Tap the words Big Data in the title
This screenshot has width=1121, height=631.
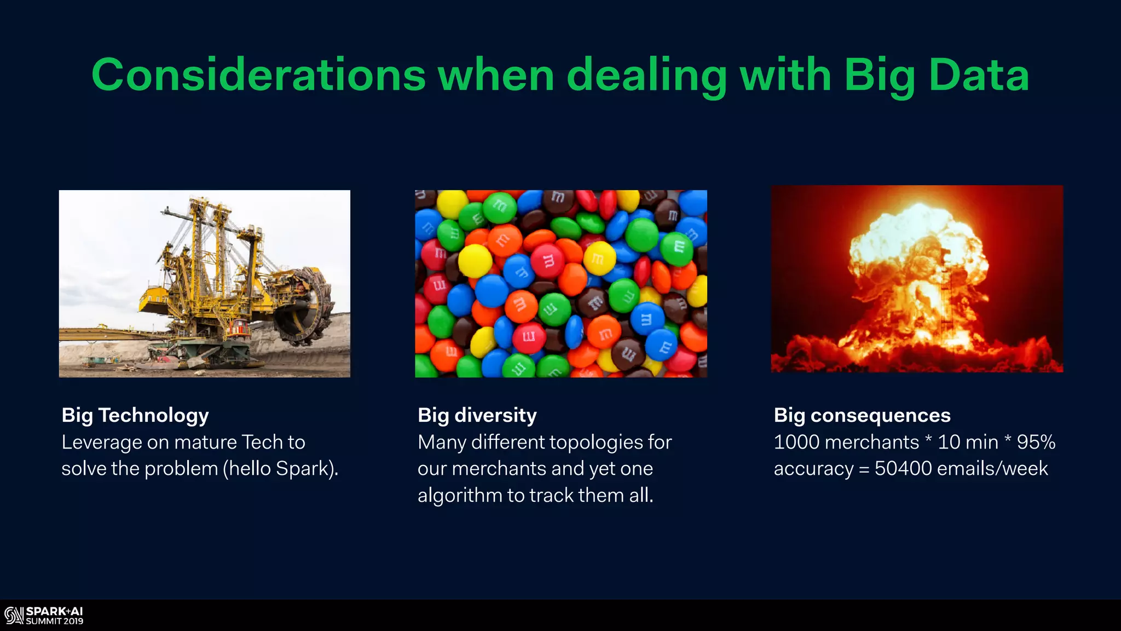[936, 75]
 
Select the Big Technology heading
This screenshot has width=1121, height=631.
[135, 415]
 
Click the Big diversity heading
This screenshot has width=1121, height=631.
[477, 415]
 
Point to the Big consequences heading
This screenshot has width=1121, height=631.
[862, 415]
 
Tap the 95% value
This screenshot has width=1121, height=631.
[1036, 442]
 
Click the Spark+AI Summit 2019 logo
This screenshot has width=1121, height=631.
[44, 616]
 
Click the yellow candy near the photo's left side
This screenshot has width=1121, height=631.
[474, 260]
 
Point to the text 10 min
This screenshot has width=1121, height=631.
[968, 442]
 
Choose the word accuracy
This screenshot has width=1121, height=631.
[813, 469]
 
